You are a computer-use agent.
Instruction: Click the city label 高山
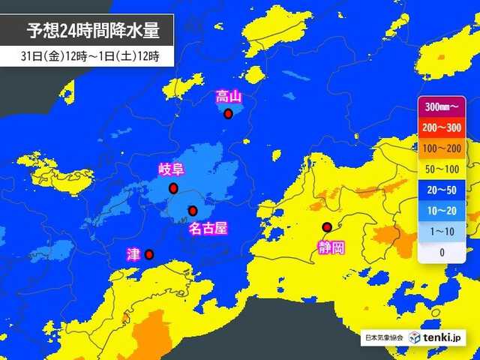[228, 96]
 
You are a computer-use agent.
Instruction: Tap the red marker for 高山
[228, 114]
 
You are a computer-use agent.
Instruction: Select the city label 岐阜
[172, 169]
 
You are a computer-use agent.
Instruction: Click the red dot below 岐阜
[173, 187]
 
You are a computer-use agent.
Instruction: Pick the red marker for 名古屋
[193, 210]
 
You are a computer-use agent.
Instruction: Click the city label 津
[133, 255]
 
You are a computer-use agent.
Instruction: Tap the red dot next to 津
[149, 254]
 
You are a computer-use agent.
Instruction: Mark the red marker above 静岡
[326, 227]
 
